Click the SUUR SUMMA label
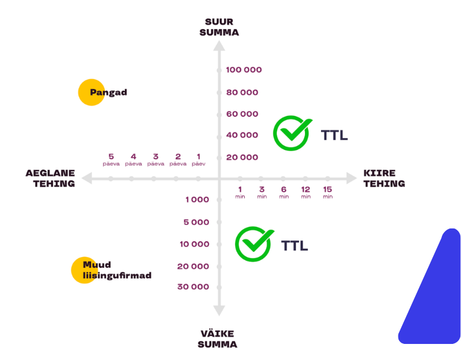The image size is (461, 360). (219, 27)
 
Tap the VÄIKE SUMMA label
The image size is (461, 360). (217, 339)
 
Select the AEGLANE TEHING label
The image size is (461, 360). (50, 179)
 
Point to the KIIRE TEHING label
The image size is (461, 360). (384, 179)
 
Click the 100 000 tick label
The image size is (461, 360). (244, 70)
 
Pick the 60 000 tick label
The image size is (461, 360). (242, 114)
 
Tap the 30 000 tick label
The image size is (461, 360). (193, 287)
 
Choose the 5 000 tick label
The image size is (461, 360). (196, 222)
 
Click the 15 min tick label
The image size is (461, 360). (328, 192)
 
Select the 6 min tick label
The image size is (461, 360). (284, 192)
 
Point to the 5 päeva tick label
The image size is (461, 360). (111, 159)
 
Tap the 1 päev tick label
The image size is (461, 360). (199, 159)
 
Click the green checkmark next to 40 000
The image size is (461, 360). (292, 133)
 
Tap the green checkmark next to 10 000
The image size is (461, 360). (254, 243)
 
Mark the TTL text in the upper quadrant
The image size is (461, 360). (334, 135)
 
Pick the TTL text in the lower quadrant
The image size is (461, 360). (294, 245)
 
